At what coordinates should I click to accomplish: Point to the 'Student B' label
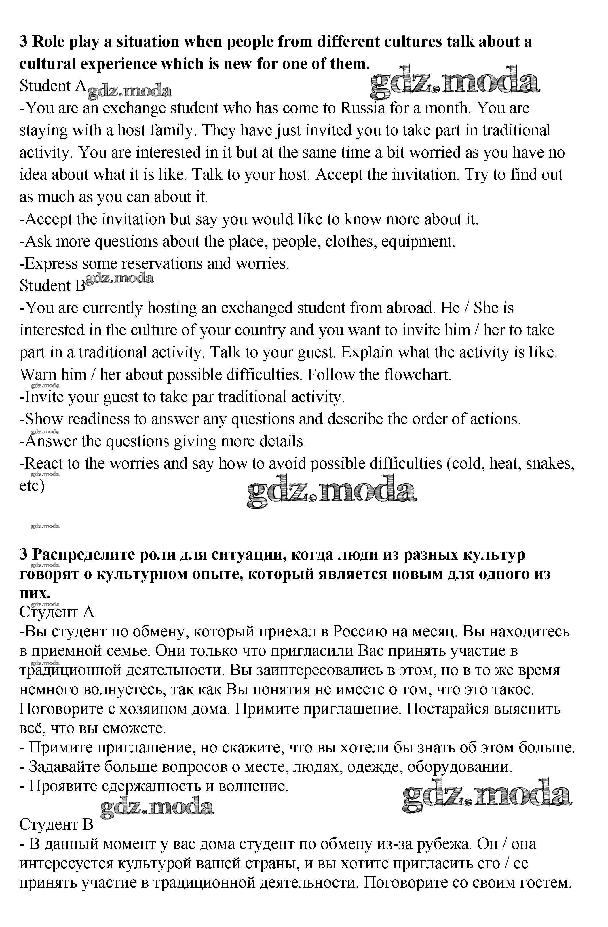point(52,286)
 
